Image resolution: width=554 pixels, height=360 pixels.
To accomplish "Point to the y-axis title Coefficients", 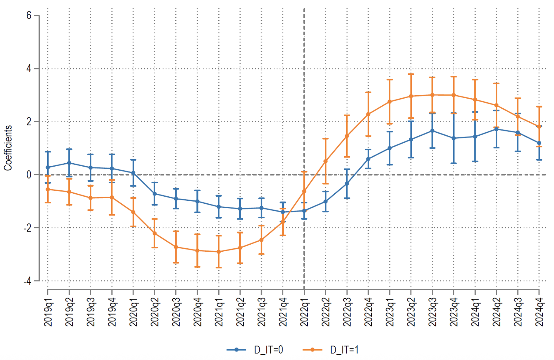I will point(8,148).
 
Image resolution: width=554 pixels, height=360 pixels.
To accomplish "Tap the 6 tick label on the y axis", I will point(29,15).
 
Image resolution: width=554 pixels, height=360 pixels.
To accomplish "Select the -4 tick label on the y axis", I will point(28,281).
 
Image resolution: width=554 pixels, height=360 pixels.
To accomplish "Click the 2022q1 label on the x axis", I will point(304,312).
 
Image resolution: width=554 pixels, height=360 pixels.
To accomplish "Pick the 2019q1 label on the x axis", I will point(48,312).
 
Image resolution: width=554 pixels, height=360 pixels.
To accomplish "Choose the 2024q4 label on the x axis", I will point(539,312).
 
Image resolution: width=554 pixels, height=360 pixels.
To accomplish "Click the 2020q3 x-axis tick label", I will point(176,312).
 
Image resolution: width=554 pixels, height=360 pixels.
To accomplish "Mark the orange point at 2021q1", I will point(219,252).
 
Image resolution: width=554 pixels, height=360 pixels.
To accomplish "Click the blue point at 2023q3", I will point(432,131).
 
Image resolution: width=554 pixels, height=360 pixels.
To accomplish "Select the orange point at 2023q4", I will point(454,95).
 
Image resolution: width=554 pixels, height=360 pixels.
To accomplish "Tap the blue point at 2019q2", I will point(69,163).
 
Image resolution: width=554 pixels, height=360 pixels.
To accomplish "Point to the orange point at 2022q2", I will point(326,161).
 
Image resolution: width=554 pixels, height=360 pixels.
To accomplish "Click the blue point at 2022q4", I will point(368,159).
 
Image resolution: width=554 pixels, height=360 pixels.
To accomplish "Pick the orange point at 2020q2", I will point(155,233).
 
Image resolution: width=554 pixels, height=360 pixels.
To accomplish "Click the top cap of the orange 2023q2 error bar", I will point(411,74).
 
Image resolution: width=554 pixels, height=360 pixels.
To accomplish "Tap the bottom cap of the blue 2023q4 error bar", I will point(454,163).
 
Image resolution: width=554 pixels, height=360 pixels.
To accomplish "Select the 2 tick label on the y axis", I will point(29,121).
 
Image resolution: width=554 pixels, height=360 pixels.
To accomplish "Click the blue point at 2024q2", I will point(496,129).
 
